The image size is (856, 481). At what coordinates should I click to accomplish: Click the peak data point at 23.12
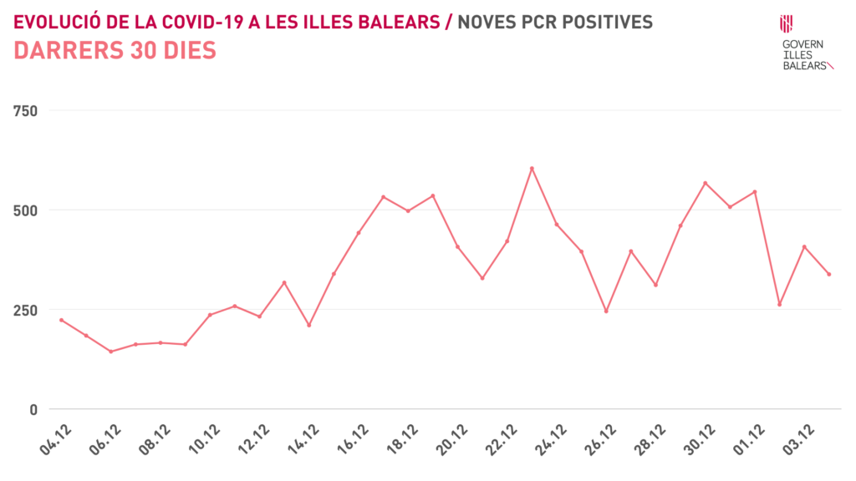[532, 169]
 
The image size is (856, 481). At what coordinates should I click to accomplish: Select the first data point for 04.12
[61, 320]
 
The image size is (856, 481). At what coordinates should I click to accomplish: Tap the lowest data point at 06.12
[110, 352]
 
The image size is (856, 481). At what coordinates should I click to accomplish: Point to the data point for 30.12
[705, 183]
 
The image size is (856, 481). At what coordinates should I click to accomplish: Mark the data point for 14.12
[308, 325]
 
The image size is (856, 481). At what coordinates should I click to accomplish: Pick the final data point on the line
[828, 274]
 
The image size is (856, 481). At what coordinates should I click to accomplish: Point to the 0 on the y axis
[33, 409]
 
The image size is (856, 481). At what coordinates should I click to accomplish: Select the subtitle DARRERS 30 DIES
[115, 51]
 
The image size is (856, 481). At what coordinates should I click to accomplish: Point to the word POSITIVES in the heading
[609, 22]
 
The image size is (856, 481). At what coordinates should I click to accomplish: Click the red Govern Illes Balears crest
[787, 23]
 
